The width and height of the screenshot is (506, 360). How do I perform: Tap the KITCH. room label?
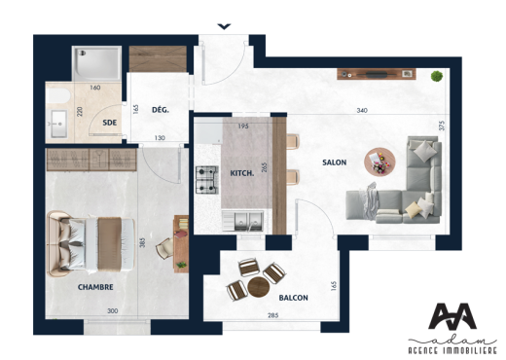click(x=241, y=172)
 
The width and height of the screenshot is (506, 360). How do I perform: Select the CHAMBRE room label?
click(x=95, y=287)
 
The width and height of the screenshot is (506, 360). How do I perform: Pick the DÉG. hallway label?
click(x=161, y=110)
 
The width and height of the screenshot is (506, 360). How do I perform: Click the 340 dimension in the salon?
click(x=361, y=110)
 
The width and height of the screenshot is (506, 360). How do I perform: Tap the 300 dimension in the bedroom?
click(x=112, y=311)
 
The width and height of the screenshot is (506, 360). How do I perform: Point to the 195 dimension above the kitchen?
click(x=243, y=126)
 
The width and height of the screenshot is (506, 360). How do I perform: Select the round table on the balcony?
click(x=257, y=287)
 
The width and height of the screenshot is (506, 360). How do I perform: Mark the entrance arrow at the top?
click(x=225, y=26)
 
